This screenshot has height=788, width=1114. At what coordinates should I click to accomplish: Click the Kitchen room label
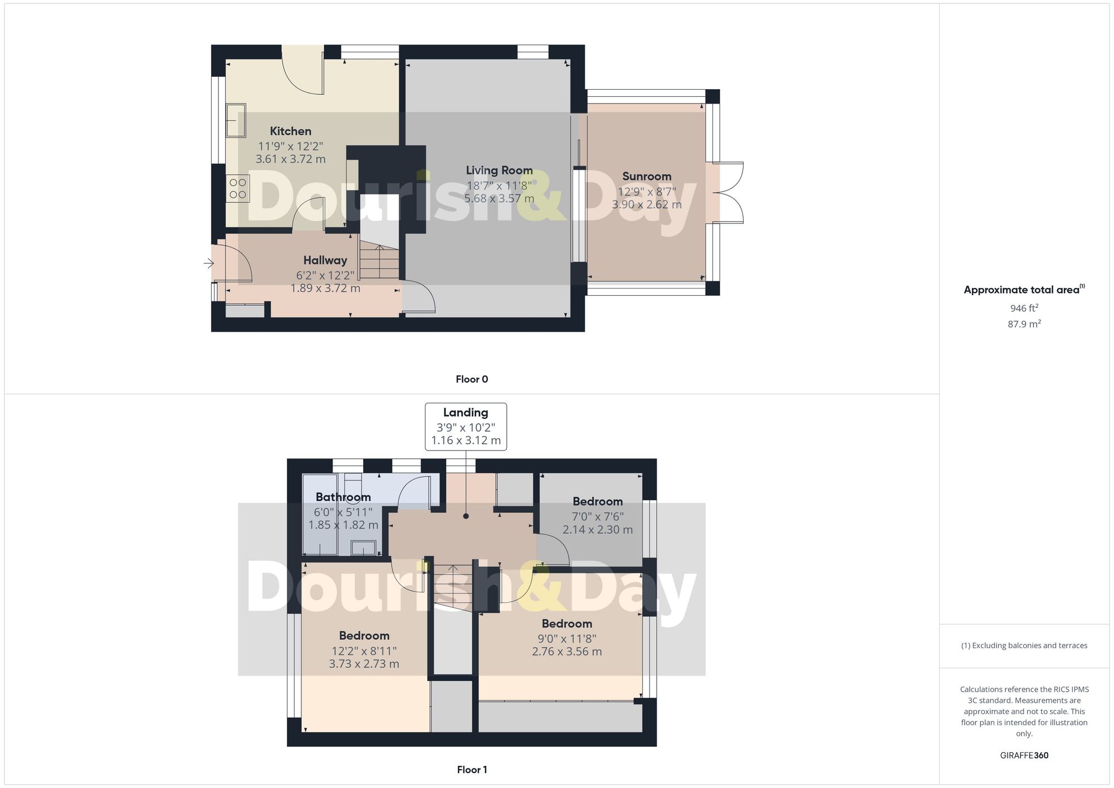tap(290, 131)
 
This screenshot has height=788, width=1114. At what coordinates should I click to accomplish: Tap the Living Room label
tap(499, 170)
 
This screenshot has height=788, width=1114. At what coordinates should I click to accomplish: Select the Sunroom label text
tap(647, 177)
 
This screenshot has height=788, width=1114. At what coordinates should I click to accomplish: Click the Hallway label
tap(325, 260)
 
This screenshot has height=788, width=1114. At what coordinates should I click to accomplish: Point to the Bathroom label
tap(343, 497)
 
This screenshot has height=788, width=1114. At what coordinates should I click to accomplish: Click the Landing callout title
tap(466, 413)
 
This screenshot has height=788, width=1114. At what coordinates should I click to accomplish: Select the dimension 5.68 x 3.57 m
tap(499, 198)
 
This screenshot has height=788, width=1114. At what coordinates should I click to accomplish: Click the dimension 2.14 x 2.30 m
tap(598, 530)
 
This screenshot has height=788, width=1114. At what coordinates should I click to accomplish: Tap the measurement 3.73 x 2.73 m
tap(364, 664)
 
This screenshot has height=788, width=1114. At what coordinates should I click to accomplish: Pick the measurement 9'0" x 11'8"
tap(567, 638)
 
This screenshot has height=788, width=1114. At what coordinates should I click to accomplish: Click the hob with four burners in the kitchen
tap(238, 188)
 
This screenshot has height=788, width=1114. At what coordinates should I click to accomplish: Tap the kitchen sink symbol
tap(236, 120)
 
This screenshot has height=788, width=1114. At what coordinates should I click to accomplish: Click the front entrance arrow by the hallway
tap(209, 263)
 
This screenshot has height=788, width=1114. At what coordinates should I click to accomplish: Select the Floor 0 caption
tap(472, 379)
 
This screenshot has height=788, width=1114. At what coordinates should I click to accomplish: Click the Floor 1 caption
tap(472, 770)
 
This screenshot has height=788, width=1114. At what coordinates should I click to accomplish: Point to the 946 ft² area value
tap(1024, 308)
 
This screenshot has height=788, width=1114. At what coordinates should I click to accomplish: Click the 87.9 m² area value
tap(1024, 324)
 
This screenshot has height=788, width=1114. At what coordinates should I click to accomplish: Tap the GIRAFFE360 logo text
tap(1024, 755)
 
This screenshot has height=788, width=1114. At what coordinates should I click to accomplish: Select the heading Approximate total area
tap(1022, 290)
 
